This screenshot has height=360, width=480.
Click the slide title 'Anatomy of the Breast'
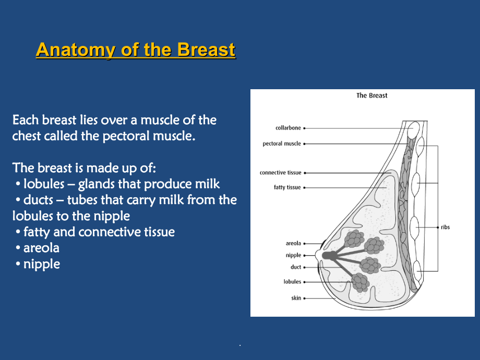point(136,50)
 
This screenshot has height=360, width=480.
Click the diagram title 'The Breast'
point(371,95)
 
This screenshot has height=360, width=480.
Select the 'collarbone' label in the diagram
point(288,128)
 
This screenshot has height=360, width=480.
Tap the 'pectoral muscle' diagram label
point(281,143)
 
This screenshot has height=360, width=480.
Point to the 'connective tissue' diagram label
point(280,173)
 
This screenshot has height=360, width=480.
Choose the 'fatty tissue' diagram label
point(287,187)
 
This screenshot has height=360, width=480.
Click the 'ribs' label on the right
point(445,227)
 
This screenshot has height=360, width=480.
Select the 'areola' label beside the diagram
point(293,243)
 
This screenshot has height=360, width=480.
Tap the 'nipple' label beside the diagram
point(293,255)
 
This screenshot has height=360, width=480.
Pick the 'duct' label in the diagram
point(296,267)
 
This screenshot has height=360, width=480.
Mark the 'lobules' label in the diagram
point(292,282)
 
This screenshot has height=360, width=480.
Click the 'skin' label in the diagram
point(296,298)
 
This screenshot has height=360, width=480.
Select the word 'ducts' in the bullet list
point(38,200)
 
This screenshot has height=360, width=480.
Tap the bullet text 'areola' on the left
point(41,248)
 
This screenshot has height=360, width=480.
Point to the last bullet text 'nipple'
point(41,264)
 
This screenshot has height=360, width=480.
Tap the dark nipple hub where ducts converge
point(330,256)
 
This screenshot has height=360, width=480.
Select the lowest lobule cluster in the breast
point(360,282)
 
